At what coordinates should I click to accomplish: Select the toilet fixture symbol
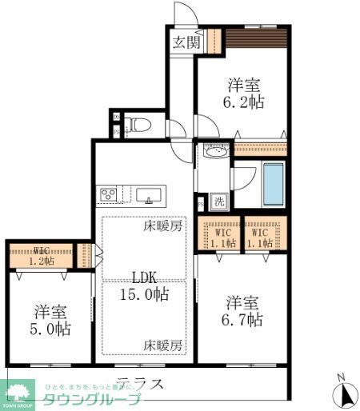(x=138, y=124)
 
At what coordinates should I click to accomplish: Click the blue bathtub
(x=274, y=185)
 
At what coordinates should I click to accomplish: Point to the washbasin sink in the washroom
(x=214, y=151)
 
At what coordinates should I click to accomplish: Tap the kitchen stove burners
(x=108, y=194)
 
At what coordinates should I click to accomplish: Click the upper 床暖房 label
(x=163, y=226)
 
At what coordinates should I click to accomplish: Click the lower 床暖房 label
(x=163, y=345)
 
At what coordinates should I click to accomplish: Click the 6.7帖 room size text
(x=243, y=320)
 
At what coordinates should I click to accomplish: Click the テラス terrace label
(x=140, y=382)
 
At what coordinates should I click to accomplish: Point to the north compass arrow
(x=345, y=393)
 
